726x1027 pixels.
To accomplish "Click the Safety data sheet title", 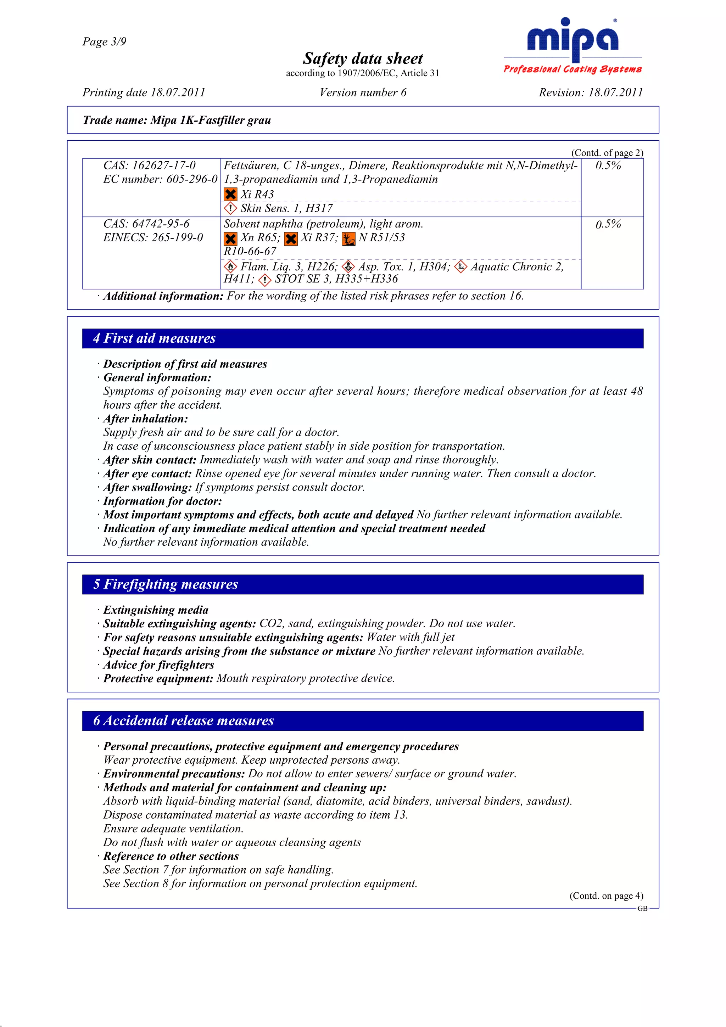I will [x=362, y=58].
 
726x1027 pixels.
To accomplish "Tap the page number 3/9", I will [x=104, y=41].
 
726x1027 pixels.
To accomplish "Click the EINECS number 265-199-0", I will [x=153, y=237].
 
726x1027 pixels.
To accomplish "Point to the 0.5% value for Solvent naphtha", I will [x=608, y=224].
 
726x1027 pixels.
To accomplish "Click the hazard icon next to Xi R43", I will [x=230, y=195].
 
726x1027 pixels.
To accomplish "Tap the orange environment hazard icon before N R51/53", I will [x=348, y=239].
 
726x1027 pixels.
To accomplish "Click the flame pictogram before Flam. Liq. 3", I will [x=230, y=267].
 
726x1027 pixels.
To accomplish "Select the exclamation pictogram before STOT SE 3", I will [x=265, y=280].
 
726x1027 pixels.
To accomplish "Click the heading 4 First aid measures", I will [x=154, y=338].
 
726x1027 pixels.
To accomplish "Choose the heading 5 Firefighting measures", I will [x=166, y=584].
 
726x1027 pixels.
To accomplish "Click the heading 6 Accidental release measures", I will [x=183, y=720].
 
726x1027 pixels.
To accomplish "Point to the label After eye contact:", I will [x=147, y=474].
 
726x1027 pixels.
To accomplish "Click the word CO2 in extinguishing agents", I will [x=270, y=624].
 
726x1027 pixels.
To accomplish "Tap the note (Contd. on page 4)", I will [x=606, y=896].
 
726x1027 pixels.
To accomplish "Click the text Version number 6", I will [x=363, y=92].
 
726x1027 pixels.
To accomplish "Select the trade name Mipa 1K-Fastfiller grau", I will [x=210, y=120].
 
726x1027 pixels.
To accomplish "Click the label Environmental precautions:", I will [x=174, y=774].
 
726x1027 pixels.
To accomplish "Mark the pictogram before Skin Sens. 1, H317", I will [x=230, y=208].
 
